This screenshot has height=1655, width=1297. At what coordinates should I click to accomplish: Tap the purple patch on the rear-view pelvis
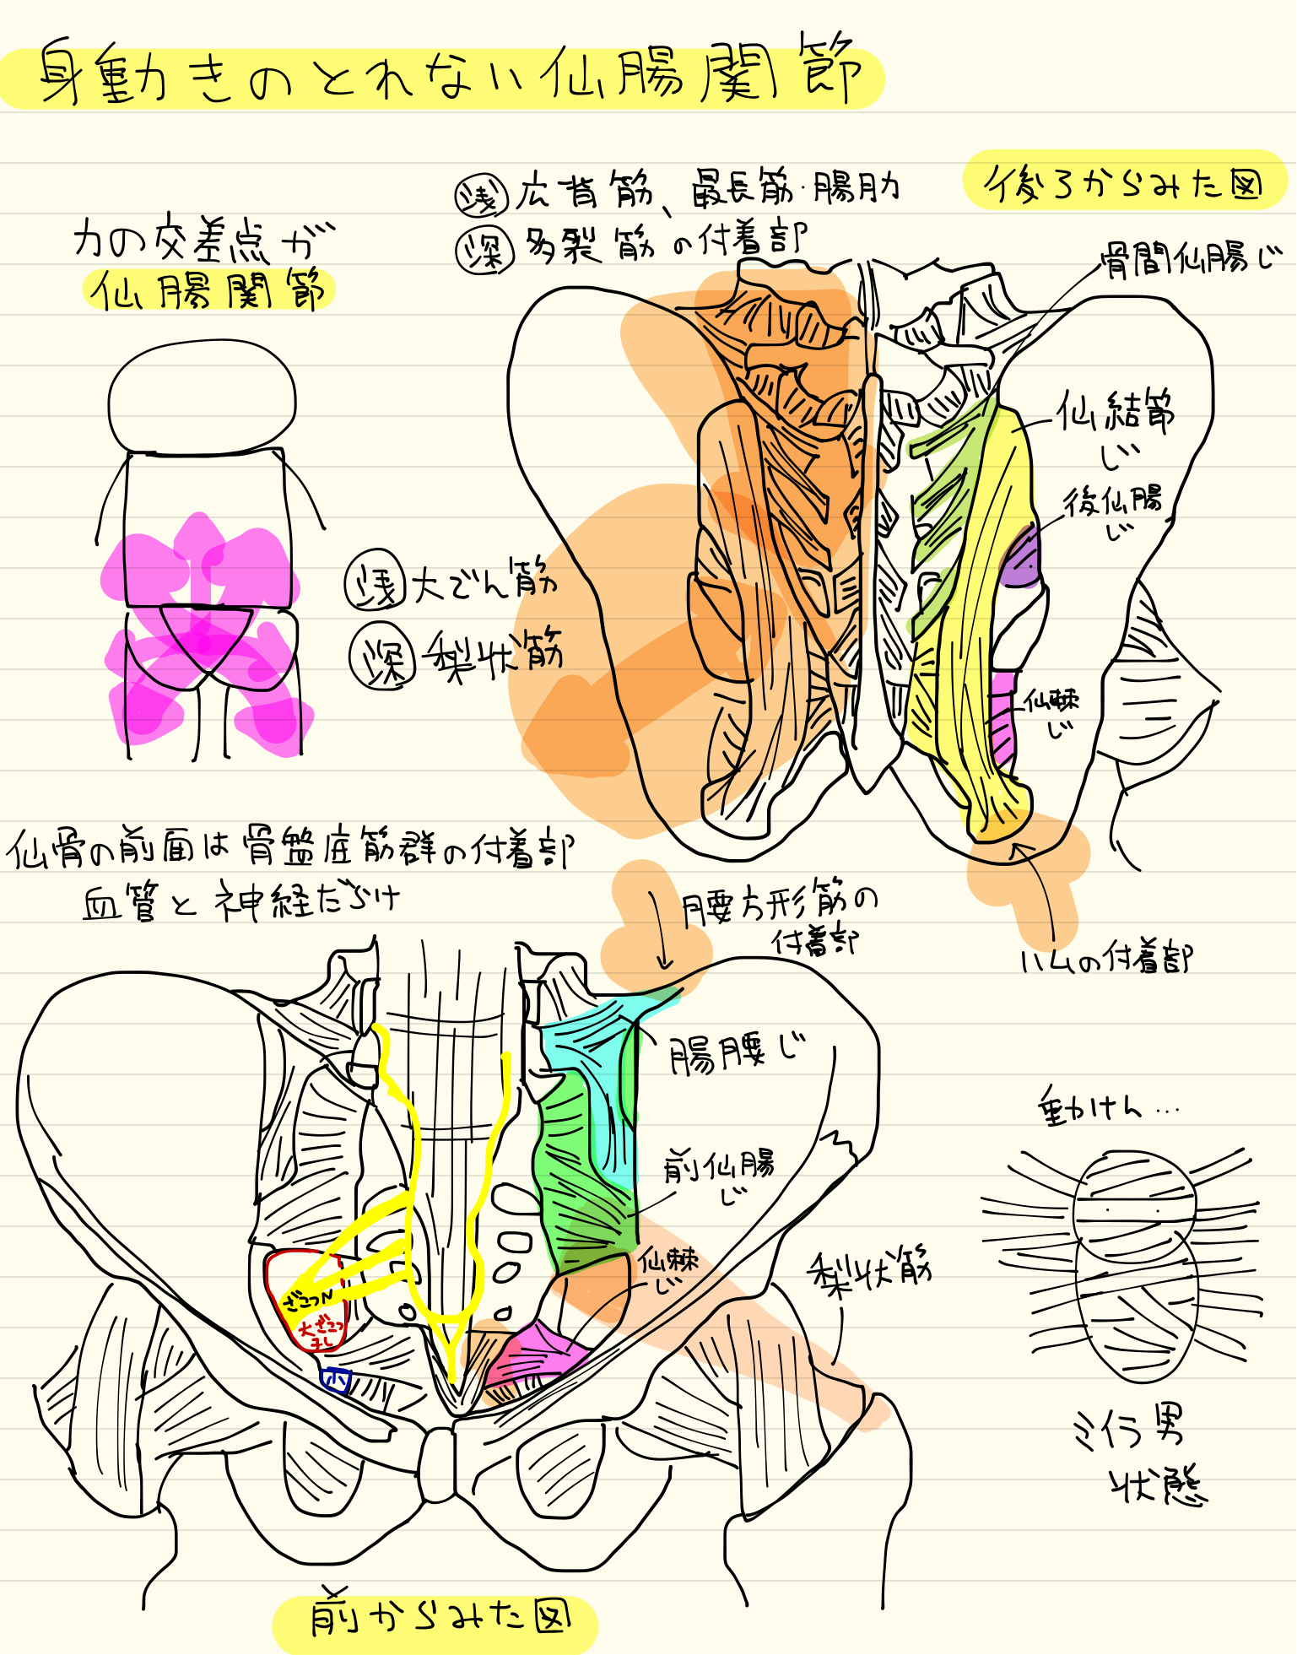(1020, 559)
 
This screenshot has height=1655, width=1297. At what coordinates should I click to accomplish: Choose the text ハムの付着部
(1105, 959)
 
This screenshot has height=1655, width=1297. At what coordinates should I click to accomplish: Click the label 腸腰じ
(738, 1055)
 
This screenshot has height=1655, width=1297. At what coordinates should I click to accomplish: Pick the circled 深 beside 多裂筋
(484, 251)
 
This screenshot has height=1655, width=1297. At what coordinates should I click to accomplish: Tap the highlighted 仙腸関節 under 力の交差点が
(208, 291)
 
